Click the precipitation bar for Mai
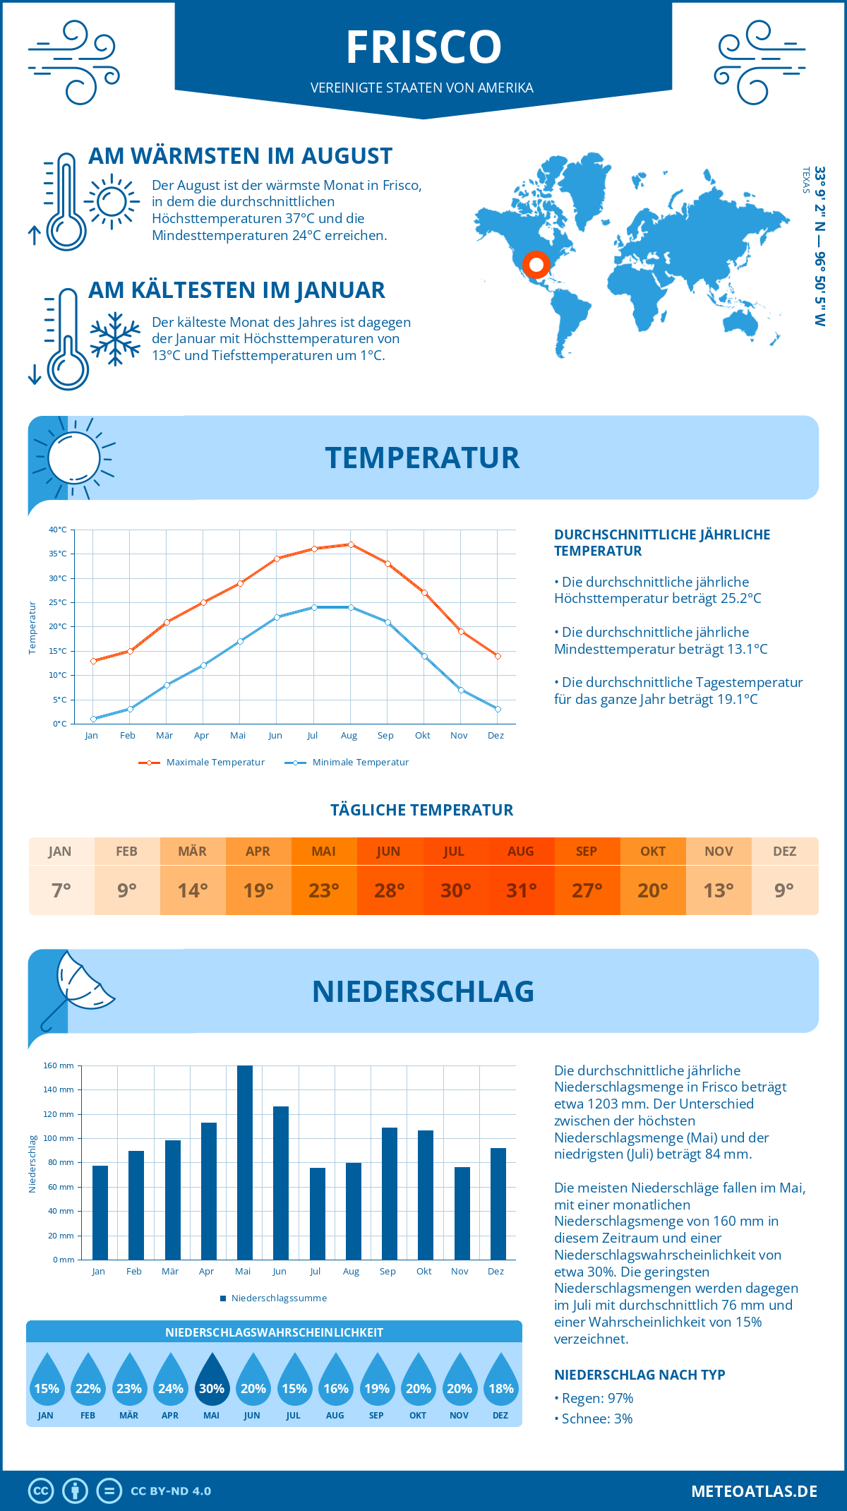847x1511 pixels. pos(245,1163)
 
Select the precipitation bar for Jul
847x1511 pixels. pos(318,1214)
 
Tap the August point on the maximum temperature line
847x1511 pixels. pos(351,544)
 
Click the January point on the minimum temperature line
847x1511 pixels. pos(93,719)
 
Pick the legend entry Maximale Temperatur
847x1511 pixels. pos(202,763)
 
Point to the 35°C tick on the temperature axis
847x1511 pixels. pos(58,554)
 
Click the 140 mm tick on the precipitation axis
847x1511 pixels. pos(59,1090)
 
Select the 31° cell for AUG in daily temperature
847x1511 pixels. pos(521,890)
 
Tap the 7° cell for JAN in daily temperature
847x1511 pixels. pos(61,890)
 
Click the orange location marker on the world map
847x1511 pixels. pos(536,265)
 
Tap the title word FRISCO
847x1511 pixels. pos(423,47)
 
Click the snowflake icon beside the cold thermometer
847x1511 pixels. pos(115,339)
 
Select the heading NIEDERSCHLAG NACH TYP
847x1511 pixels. pos(639,1375)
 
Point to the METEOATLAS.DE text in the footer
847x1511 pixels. pos(754,1491)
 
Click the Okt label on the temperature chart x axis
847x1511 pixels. pos(422,736)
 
